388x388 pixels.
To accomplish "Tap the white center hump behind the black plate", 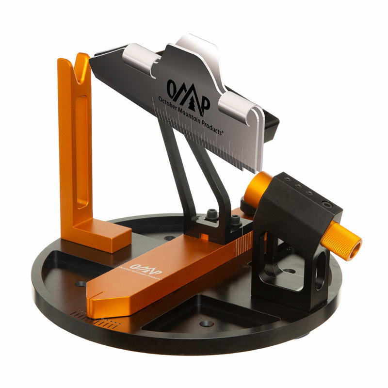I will tap(199, 46).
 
